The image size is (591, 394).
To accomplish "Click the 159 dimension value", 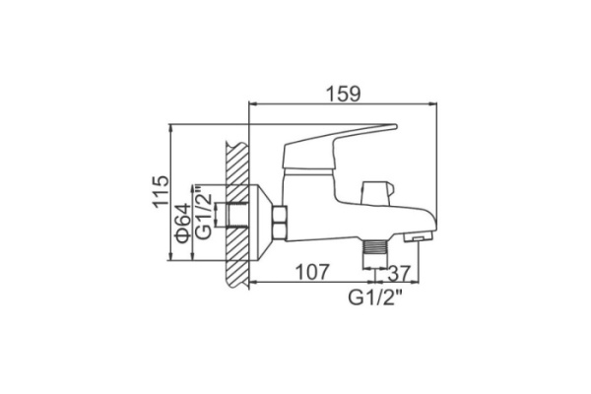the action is tap(343, 94).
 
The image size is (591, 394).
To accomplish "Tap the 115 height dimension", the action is tap(161, 191).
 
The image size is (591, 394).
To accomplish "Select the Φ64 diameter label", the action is tap(183, 224).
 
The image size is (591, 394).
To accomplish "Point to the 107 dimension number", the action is tap(312, 272).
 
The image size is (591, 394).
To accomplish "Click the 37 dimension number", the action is tap(398, 274).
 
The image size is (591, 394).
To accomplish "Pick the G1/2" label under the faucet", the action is tap(373, 297).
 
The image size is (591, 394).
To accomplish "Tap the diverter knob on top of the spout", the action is tap(376, 193).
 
